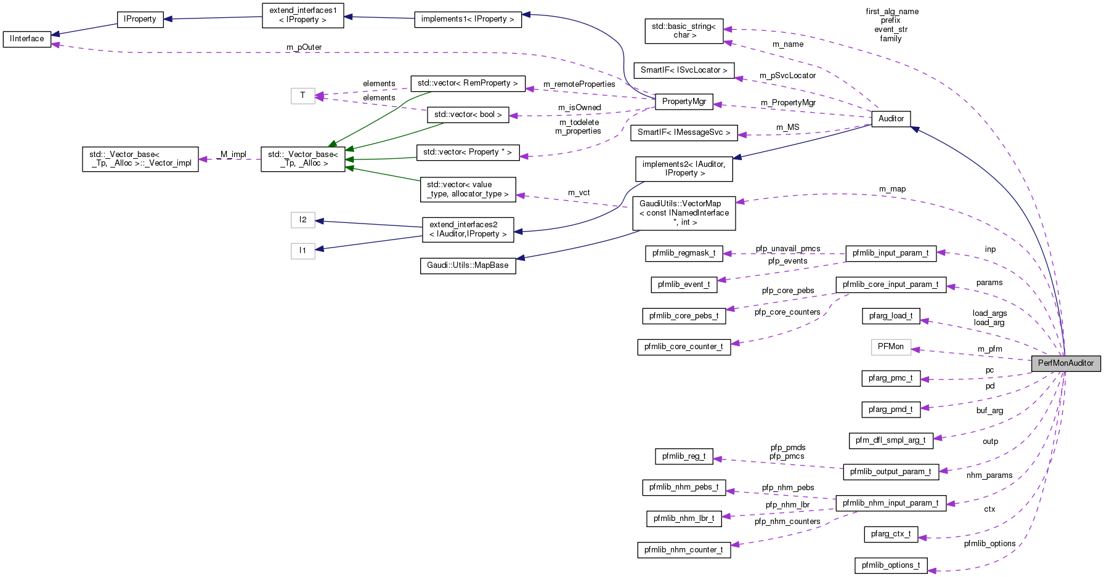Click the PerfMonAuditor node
click(1065, 363)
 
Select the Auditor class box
click(891, 119)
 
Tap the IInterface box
click(26, 39)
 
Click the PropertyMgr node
click(684, 102)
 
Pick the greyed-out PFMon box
click(890, 347)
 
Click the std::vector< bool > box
click(468, 115)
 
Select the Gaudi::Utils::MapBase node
click(468, 265)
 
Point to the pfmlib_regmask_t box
click(683, 253)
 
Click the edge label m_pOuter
click(304, 47)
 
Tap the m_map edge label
click(892, 189)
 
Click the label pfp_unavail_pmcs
click(788, 249)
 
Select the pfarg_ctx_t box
click(891, 534)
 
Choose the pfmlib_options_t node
click(891, 565)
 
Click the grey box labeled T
click(302, 95)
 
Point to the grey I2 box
click(302, 220)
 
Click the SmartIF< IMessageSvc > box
click(684, 132)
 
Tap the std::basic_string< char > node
click(684, 31)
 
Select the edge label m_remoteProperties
click(579, 84)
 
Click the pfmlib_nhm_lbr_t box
click(683, 518)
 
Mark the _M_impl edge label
click(232, 155)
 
